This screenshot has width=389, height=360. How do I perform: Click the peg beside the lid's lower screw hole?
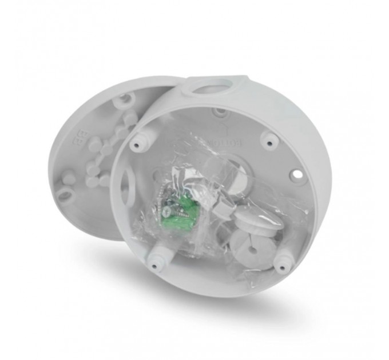[x=69, y=179]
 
